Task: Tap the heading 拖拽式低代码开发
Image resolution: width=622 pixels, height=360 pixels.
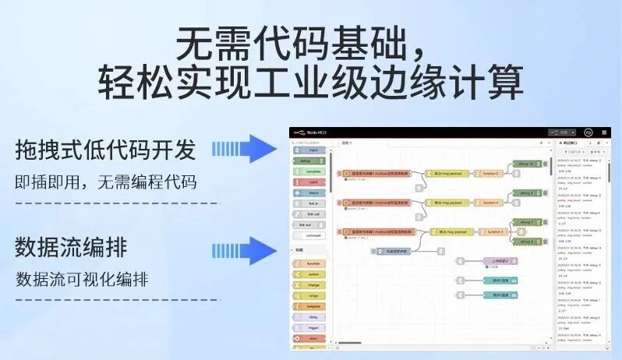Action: coord(105,149)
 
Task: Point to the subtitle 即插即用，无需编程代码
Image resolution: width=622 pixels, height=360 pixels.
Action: coord(105,183)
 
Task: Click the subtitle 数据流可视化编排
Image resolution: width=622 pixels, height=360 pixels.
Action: coord(82,279)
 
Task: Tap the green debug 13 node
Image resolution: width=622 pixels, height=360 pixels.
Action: coord(525,164)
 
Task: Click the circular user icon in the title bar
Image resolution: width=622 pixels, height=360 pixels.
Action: coord(588,132)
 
